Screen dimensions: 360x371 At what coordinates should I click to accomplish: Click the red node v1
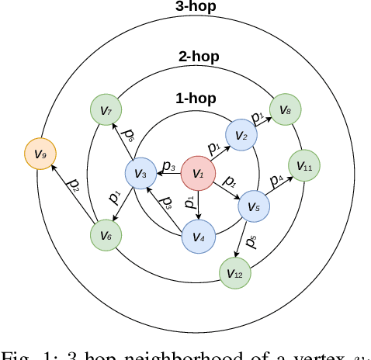[x=197, y=173]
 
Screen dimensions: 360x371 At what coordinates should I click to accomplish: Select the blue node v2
[x=241, y=136]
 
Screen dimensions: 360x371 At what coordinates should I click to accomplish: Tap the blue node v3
[x=140, y=173]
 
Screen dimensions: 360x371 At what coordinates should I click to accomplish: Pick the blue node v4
[x=197, y=237]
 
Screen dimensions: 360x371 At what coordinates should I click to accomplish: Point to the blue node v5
[x=253, y=206]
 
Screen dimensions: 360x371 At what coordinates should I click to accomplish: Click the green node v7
[x=106, y=110]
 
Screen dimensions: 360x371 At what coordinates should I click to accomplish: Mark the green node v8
[x=285, y=109]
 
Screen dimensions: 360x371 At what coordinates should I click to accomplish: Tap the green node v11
[x=303, y=165]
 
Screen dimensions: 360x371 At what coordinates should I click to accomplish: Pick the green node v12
[x=234, y=273]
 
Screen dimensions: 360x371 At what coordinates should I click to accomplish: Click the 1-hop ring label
[x=196, y=99]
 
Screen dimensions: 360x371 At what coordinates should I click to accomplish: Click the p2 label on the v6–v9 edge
[x=74, y=186]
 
